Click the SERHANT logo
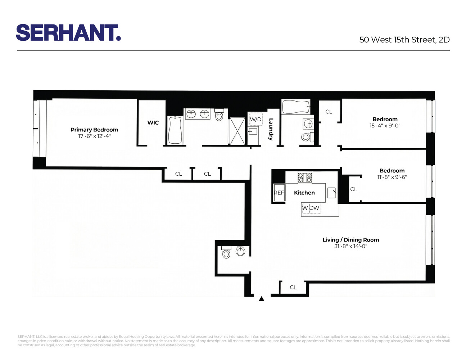point(68,33)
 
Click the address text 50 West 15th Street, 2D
point(404,40)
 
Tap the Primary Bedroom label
point(94,130)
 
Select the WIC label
point(153,122)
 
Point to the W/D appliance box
point(256,119)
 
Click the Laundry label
point(271,129)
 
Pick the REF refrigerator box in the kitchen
point(279,193)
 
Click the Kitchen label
point(304,193)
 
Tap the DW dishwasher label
point(315,208)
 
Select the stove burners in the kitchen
point(305,177)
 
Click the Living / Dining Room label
point(350,240)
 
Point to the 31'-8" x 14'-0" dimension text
point(350,246)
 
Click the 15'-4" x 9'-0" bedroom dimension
point(385,126)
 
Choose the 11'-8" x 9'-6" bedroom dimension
point(392,177)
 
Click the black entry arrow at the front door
point(262,298)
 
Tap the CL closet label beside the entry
point(293,287)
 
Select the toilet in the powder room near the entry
point(226,253)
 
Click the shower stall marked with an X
point(237,130)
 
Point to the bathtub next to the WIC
point(175,130)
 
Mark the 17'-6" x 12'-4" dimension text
point(94,136)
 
